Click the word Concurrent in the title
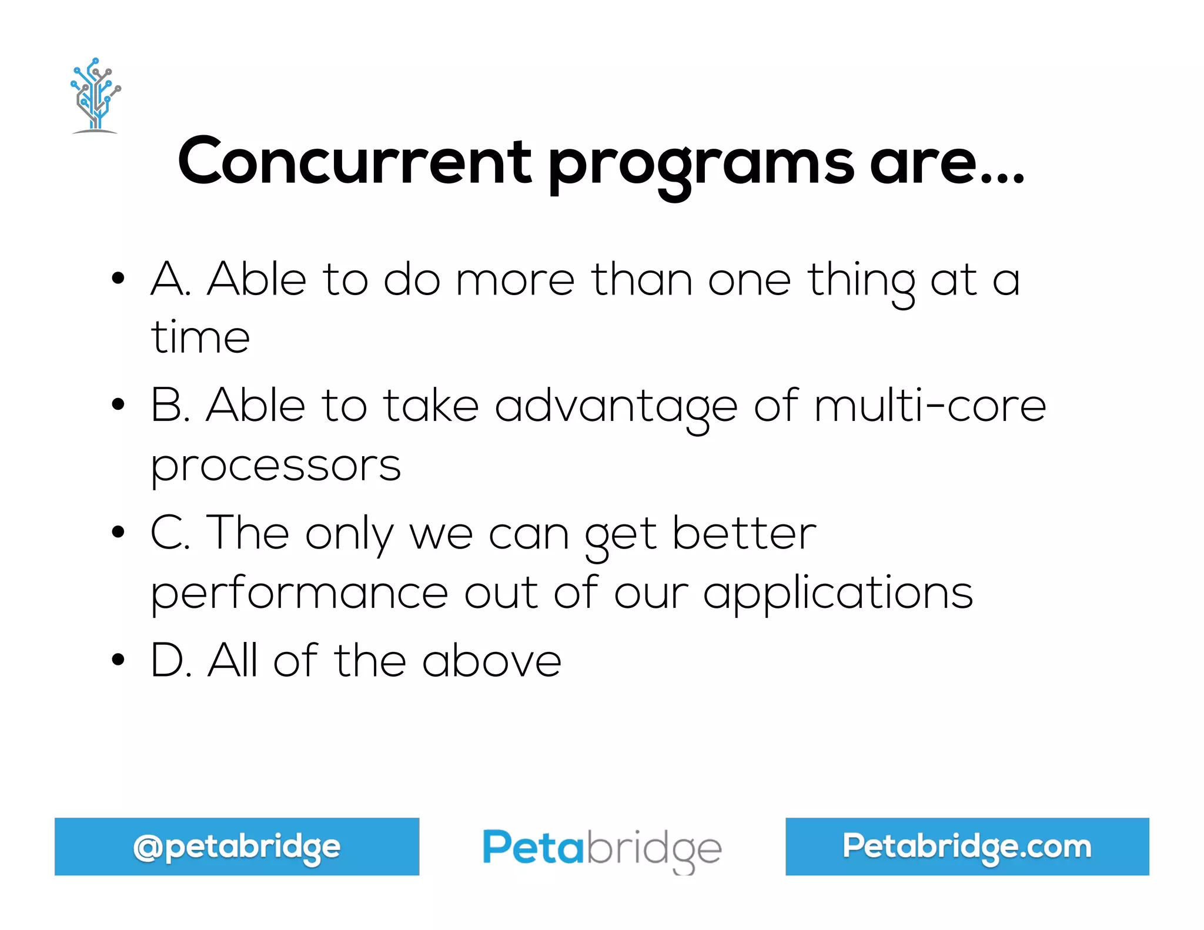click(x=354, y=161)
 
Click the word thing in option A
click(x=861, y=281)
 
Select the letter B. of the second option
click(x=170, y=406)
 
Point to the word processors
click(x=276, y=466)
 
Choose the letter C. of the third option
click(x=170, y=533)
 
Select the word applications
click(x=838, y=594)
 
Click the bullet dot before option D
click(x=118, y=660)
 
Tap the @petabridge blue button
click(x=237, y=847)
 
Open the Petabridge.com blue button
click(x=967, y=847)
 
